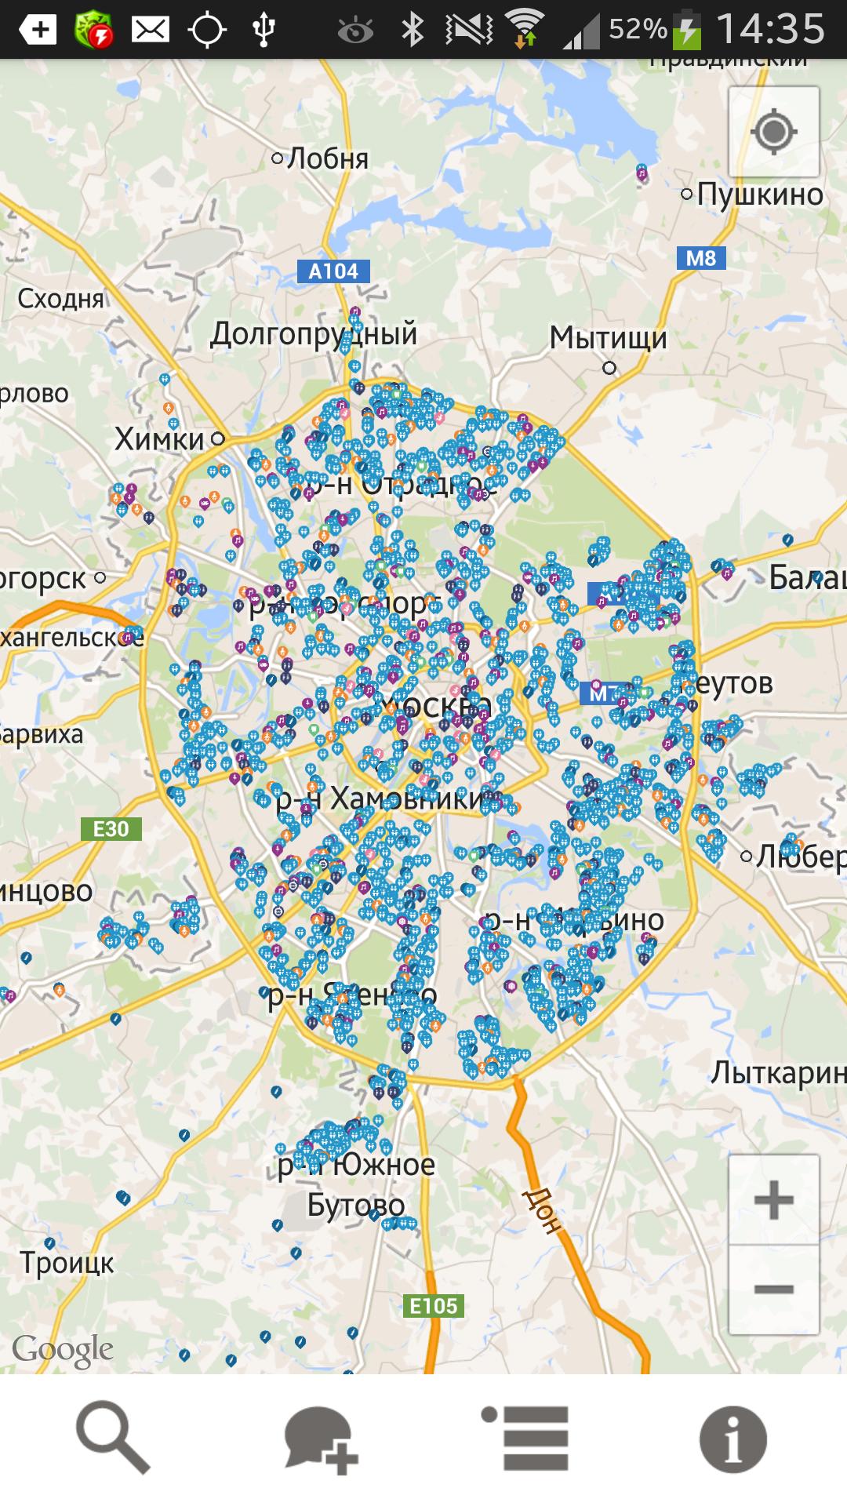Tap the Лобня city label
[x=328, y=158]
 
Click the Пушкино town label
[x=759, y=194]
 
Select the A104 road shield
[x=333, y=271]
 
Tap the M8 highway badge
[x=700, y=258]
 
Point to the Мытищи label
[x=608, y=338]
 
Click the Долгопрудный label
[x=314, y=334]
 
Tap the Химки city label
[x=160, y=439]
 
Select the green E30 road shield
[x=111, y=829]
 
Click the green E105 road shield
[x=434, y=1306]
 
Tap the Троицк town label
[x=67, y=1264]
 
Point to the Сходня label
[x=60, y=299]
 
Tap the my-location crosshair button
[x=773, y=132]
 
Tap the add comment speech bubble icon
[x=321, y=1439]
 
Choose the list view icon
[x=526, y=1438]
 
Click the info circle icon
[x=732, y=1439]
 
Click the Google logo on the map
[x=63, y=1350]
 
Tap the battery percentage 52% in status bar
[x=637, y=30]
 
